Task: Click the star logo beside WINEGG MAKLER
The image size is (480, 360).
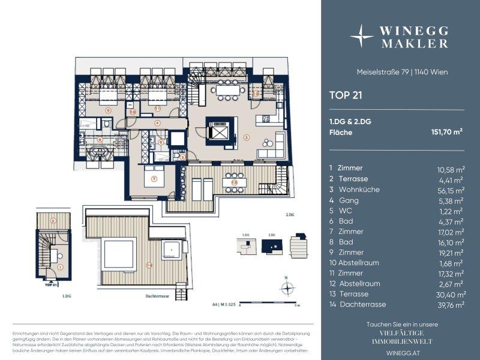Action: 362,35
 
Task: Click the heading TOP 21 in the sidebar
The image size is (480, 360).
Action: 345,94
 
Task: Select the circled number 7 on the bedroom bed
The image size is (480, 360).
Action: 154,179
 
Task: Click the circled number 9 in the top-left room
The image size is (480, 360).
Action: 107,110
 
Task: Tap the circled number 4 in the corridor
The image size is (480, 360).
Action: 157,123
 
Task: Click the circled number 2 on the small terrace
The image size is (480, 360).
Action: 53,221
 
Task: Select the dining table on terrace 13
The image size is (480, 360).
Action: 234,181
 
